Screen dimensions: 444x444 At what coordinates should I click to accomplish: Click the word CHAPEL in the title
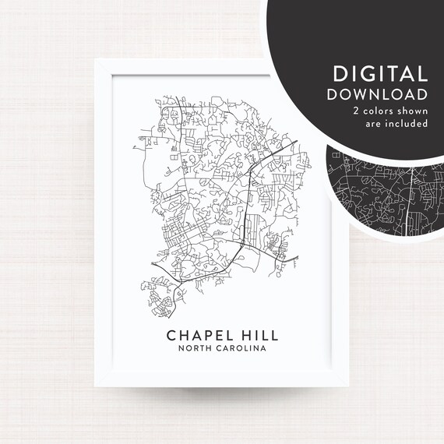click(198, 334)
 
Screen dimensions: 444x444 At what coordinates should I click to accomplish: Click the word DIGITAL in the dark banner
click(380, 75)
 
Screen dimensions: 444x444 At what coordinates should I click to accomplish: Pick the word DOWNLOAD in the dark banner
click(380, 94)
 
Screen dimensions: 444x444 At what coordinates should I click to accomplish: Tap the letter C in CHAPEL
click(171, 334)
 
